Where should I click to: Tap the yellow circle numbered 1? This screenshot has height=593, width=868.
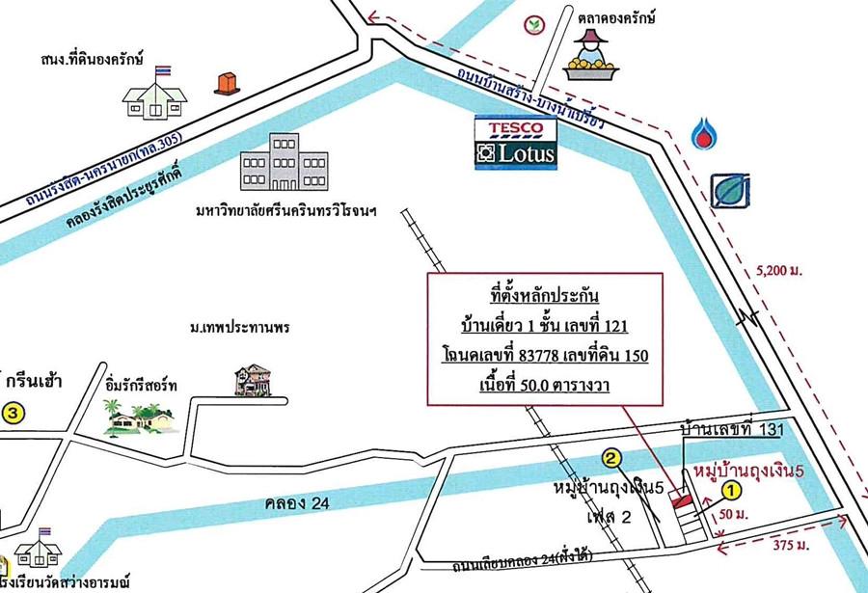pyautogui.click(x=730, y=490)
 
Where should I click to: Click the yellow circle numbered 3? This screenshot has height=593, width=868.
pyautogui.click(x=11, y=413)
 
